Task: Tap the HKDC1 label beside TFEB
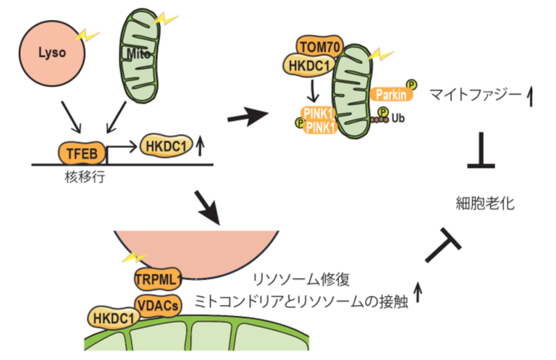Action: click(x=162, y=145)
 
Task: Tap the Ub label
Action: click(x=395, y=117)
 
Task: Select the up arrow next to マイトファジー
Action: click(x=531, y=94)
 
